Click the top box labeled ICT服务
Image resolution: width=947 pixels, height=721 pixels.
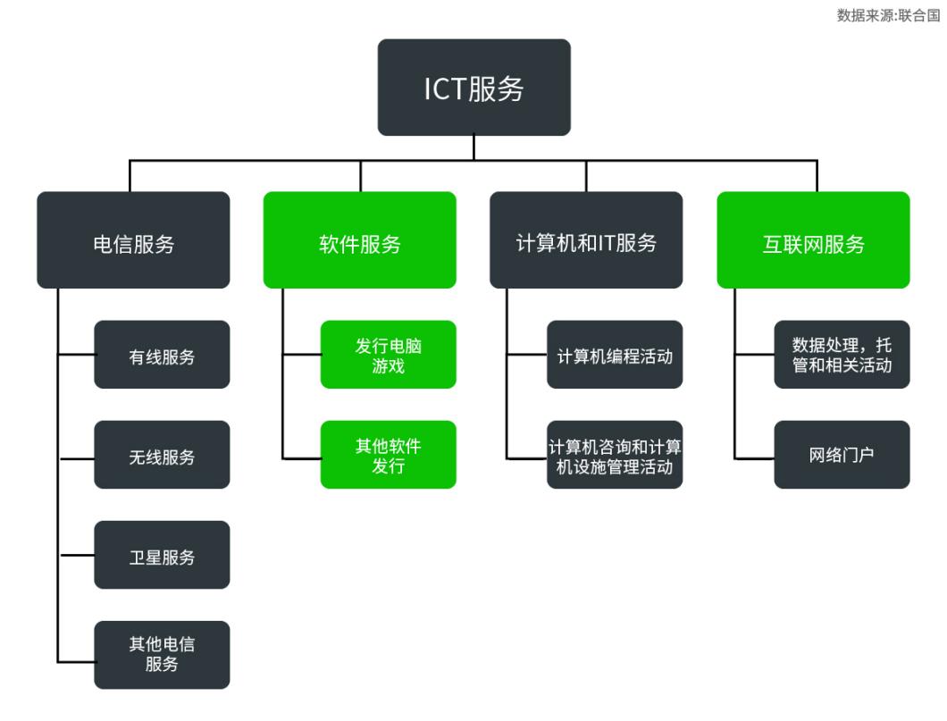(x=473, y=88)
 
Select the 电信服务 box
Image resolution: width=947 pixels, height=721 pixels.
(x=133, y=240)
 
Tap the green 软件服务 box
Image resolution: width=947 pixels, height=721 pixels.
(x=359, y=240)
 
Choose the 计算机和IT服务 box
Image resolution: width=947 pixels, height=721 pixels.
(x=586, y=240)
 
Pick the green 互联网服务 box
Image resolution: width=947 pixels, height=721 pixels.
(x=813, y=240)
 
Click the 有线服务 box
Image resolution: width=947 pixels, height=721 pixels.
(x=162, y=355)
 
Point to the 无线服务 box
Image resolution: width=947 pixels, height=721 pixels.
(x=162, y=455)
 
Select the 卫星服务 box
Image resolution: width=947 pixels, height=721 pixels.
(x=162, y=555)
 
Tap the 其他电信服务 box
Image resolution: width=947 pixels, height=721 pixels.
(x=162, y=655)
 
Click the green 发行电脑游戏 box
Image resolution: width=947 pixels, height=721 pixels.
(x=388, y=355)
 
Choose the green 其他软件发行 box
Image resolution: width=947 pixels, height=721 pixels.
(x=388, y=455)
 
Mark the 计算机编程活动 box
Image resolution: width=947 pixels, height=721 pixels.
(x=615, y=355)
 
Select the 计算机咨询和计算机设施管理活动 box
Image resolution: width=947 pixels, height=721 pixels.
(x=615, y=455)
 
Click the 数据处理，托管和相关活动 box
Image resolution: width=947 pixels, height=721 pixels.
(x=842, y=355)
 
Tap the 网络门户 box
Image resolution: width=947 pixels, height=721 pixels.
(x=842, y=455)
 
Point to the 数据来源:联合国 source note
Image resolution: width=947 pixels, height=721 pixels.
(x=888, y=15)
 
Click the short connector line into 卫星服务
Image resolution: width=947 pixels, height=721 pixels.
(x=76, y=555)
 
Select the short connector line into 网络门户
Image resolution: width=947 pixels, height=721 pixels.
(x=754, y=458)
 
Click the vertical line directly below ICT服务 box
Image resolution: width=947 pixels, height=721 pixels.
(x=473, y=148)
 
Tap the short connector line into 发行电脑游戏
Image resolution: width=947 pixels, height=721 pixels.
(x=302, y=355)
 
